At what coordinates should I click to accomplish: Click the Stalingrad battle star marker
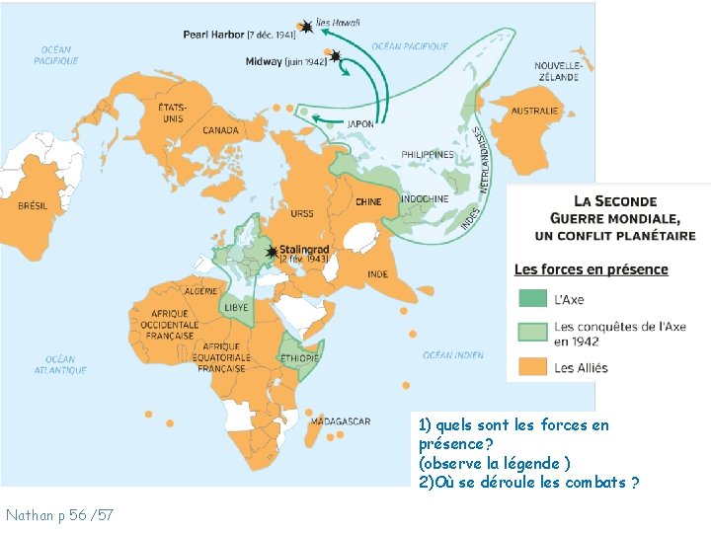click(271, 252)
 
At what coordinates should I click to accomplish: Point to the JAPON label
click(359, 123)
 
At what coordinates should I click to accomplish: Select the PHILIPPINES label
click(428, 155)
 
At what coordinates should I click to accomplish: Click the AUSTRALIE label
click(534, 111)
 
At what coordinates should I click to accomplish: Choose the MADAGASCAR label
click(340, 421)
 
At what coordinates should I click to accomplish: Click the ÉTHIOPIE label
click(298, 357)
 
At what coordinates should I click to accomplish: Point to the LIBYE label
click(236, 307)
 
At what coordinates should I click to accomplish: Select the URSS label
click(302, 213)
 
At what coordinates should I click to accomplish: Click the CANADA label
click(220, 130)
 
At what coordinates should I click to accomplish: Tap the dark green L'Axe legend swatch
click(532, 299)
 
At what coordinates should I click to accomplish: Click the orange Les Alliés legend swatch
click(532, 367)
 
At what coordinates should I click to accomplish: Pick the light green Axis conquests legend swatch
click(532, 333)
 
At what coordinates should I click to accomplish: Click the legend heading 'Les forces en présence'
click(591, 269)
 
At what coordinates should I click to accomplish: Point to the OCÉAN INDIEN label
click(453, 354)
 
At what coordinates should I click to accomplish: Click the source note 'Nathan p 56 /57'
click(59, 514)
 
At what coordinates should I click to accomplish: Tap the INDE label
click(377, 273)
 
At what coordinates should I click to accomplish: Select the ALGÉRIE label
click(200, 291)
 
